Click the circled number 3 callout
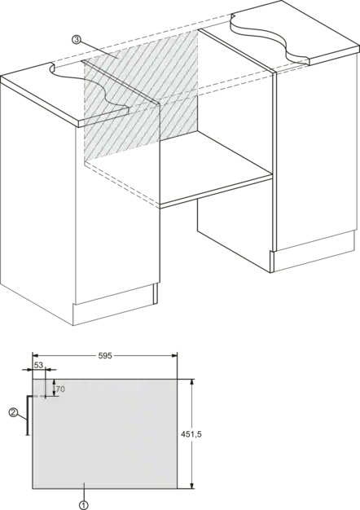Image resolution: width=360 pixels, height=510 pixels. coord(76,40)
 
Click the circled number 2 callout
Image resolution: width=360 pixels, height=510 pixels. coord(13,413)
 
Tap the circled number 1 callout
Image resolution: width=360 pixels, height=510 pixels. coord(84,505)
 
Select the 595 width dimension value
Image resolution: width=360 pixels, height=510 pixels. coord(105,356)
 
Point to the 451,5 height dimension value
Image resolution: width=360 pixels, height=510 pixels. coord(191,434)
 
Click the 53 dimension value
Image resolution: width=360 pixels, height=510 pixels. coord(38,365)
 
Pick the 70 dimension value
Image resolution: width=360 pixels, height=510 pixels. coord(60,389)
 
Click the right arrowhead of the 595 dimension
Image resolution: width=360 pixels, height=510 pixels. coord(174,356)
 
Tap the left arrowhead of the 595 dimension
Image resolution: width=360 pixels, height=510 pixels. coord(36,356)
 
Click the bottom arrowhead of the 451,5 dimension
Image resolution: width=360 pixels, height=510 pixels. coord(192,485)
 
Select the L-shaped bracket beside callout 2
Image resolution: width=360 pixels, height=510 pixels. coord(28,415)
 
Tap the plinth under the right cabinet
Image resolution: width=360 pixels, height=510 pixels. coord(314,253)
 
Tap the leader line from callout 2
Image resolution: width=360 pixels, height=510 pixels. coord(22,416)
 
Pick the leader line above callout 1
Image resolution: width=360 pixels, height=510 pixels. coord(84,492)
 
